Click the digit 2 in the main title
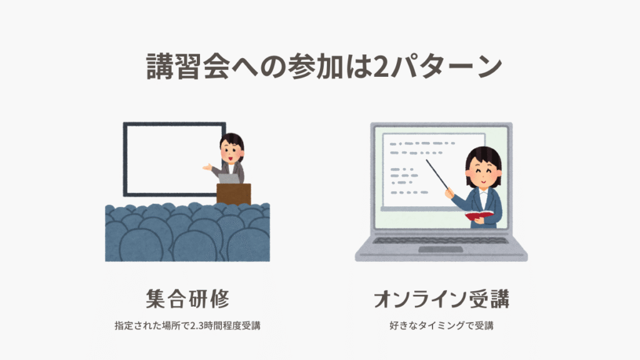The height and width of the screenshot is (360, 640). point(381,66)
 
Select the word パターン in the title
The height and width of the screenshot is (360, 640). point(446,66)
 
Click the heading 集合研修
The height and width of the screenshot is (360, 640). point(187,299)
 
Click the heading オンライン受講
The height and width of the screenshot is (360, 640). point(441,299)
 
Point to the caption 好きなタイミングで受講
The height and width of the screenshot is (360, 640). point(441,326)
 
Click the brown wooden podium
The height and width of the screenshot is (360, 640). point(234,194)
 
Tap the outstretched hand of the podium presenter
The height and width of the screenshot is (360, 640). point(207,167)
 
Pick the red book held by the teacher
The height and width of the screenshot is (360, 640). point(479,215)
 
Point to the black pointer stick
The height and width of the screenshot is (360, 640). point(437,174)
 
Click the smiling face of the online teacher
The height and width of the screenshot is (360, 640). point(483,171)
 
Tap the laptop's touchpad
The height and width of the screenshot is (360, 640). point(441,249)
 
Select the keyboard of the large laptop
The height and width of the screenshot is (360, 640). point(441,241)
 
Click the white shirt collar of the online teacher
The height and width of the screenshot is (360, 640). point(483,193)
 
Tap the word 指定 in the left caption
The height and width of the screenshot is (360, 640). point(124,326)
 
